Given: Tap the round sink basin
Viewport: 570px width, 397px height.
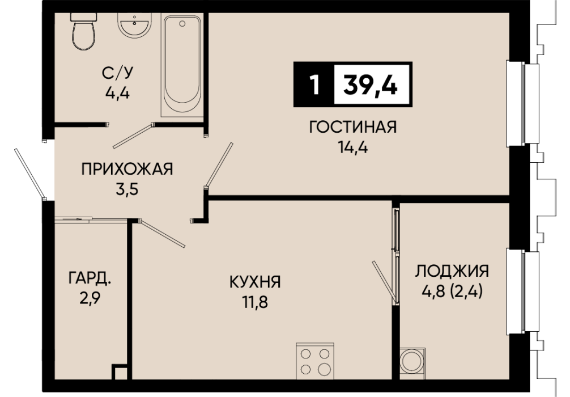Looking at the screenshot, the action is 134,25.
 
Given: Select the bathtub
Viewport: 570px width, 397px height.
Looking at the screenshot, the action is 182,65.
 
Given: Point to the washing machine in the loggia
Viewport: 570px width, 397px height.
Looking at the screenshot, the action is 412,364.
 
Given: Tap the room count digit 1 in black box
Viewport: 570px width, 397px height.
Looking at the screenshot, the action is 314,85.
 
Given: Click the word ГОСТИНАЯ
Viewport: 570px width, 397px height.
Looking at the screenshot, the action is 352,127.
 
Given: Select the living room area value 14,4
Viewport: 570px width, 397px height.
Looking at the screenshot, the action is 352,147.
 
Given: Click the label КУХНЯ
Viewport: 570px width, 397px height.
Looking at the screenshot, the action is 255,282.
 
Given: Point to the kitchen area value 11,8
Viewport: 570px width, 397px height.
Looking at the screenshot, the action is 255,302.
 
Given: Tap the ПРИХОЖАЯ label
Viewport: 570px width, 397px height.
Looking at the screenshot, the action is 127,169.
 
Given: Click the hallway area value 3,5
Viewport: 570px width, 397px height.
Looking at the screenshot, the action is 127,189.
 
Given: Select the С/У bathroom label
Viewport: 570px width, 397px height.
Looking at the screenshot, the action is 117,73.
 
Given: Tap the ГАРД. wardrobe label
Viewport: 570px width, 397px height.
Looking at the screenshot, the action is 90,278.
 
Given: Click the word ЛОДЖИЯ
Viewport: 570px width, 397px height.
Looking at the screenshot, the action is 452,271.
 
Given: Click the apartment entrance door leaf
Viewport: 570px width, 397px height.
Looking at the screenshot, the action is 30,174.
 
